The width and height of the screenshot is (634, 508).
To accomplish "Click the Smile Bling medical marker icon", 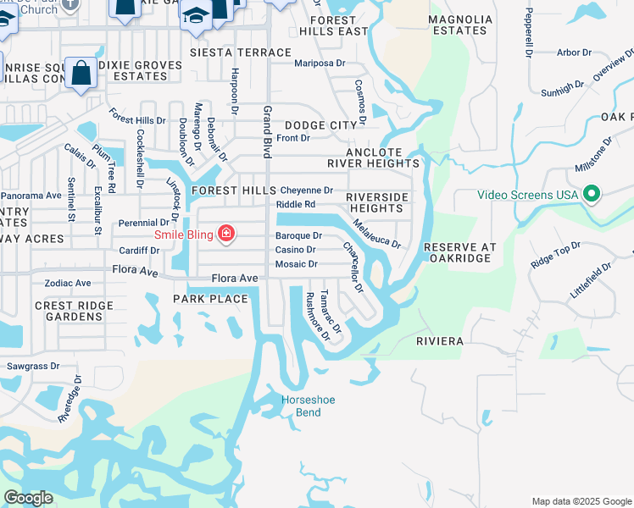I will click(226, 233).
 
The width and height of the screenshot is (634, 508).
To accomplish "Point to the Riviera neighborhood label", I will click(439, 341).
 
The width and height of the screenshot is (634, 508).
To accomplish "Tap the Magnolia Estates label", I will click(459, 25).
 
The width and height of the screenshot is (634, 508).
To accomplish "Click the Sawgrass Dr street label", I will click(33, 367).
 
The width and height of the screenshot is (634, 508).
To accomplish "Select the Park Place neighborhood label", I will click(210, 299).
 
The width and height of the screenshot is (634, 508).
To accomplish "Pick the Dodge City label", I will click(321, 125).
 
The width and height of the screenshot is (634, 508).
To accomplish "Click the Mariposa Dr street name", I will click(320, 63).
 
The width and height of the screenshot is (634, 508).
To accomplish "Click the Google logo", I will click(27, 498).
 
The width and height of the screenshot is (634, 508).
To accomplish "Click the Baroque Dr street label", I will click(298, 235).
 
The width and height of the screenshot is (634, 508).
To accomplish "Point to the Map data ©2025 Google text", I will click(581, 501).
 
